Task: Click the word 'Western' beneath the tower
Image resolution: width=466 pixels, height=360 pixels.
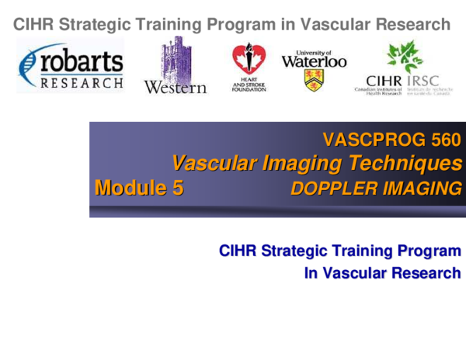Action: point(176,87)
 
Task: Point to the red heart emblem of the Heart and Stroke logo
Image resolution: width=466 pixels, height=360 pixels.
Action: point(249,58)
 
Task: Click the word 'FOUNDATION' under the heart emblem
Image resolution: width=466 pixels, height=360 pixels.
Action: point(249,89)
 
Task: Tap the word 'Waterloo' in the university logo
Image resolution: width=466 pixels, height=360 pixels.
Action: point(314,61)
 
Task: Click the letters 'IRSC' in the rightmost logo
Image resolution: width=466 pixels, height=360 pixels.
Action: point(427,81)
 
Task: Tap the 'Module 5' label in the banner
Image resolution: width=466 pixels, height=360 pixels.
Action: point(138,188)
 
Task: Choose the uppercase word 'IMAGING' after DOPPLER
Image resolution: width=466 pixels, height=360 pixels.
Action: point(419,188)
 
